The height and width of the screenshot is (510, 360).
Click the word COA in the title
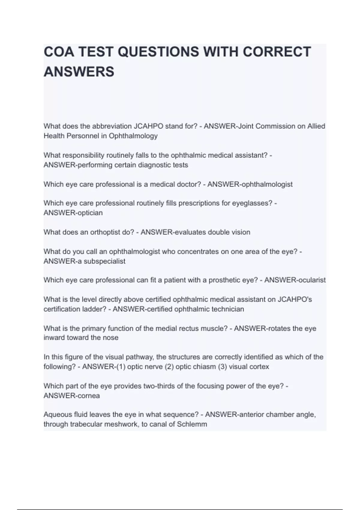click(59, 52)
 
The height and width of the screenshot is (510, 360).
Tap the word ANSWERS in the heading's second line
click(79, 72)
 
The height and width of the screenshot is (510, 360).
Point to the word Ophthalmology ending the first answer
click(133, 136)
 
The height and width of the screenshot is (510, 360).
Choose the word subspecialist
click(104, 261)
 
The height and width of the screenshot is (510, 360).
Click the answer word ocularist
click(311, 280)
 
